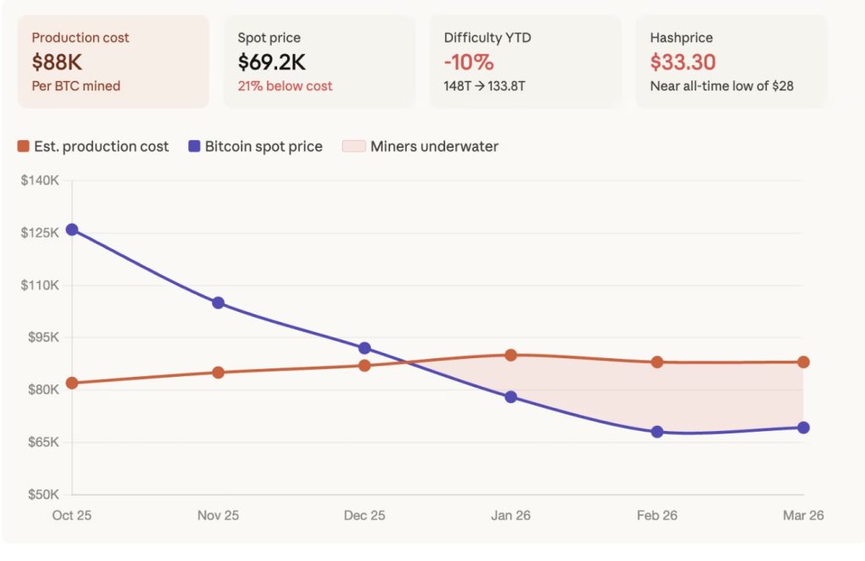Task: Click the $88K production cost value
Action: pos(57,62)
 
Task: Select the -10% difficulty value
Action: pos(469,62)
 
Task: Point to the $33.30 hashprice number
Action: pos(683,62)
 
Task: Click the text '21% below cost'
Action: pos(285,86)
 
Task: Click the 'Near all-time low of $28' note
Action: pos(721,86)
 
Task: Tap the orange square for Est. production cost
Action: pos(24,147)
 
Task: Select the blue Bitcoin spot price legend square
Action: pos(194,147)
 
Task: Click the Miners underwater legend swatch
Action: pos(351,147)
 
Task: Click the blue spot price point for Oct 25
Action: pos(72,230)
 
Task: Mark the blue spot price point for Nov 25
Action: pos(218,302)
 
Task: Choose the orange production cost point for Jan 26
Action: pos(511,355)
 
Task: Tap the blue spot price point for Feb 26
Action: pos(657,432)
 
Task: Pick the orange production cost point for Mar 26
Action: pos(803,362)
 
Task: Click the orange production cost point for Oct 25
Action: pos(72,383)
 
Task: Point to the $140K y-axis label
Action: pos(40,181)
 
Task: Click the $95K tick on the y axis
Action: pos(41,338)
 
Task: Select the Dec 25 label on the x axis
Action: pos(365,515)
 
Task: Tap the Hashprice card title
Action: pos(681,38)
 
